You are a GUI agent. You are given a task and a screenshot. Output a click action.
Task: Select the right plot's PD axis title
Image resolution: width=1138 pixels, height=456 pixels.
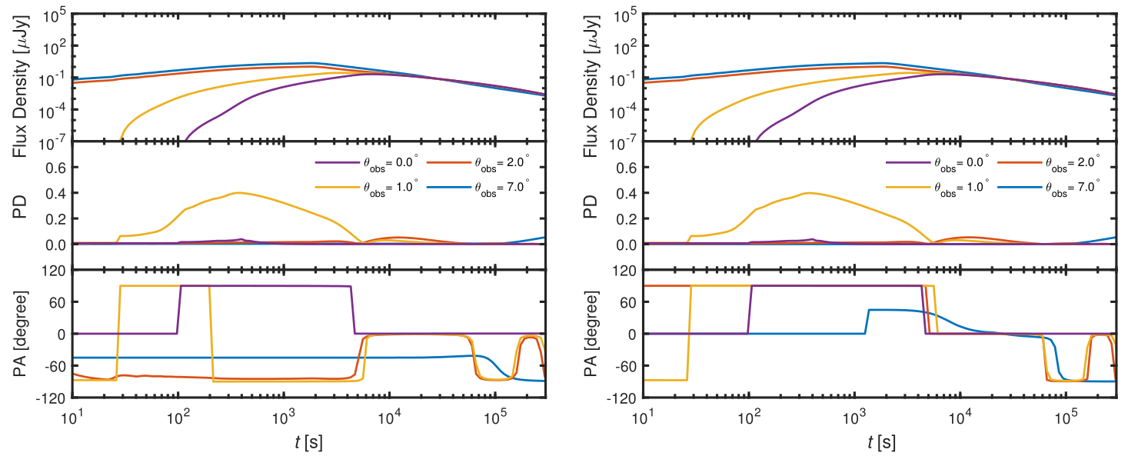[591, 206]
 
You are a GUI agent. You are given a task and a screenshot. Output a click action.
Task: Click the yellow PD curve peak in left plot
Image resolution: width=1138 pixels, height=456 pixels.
[238, 192]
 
